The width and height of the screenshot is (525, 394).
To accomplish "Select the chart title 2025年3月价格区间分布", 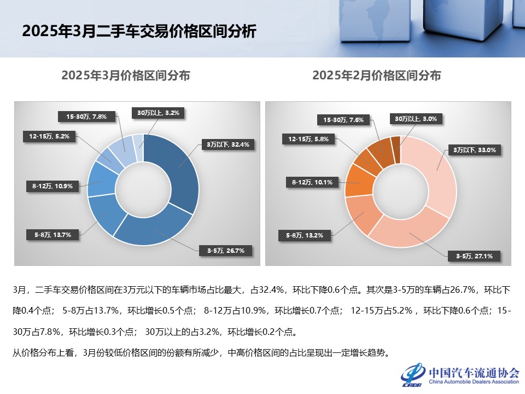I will pos(126,76).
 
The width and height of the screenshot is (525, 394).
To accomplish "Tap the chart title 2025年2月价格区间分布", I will pos(377,76).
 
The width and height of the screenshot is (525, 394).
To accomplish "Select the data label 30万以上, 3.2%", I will pos(158,113).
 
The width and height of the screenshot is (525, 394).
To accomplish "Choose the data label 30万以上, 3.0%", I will pos(415,118).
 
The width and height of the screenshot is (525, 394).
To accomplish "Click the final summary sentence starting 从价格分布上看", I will pos(201,352).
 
